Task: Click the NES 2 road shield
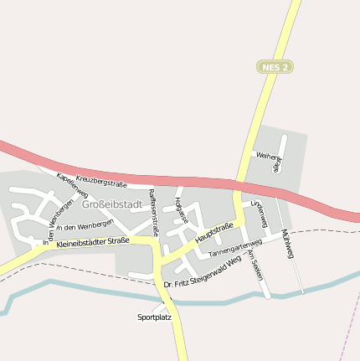coord(275,66)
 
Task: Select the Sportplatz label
coord(154,317)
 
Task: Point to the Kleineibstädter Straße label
coord(93,241)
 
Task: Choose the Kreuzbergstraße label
coord(100,180)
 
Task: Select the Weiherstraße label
coord(270,161)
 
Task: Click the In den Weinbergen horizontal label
coord(84,226)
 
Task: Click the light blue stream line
coord(84,289)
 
